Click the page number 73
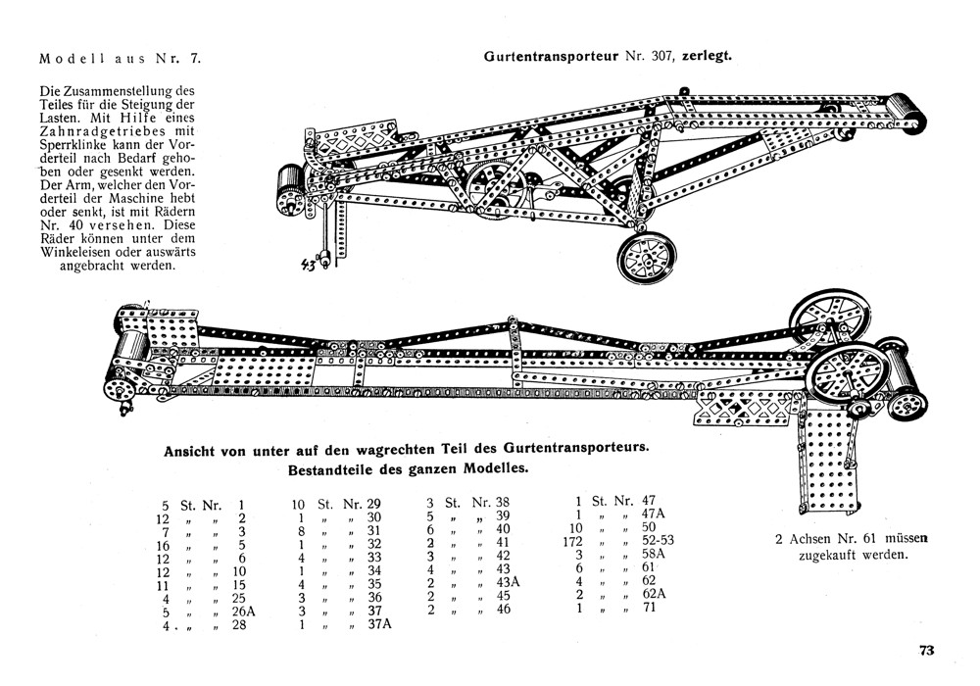point(927,649)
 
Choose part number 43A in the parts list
point(510,582)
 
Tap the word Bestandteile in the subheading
point(332,467)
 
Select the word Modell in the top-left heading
point(65,57)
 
